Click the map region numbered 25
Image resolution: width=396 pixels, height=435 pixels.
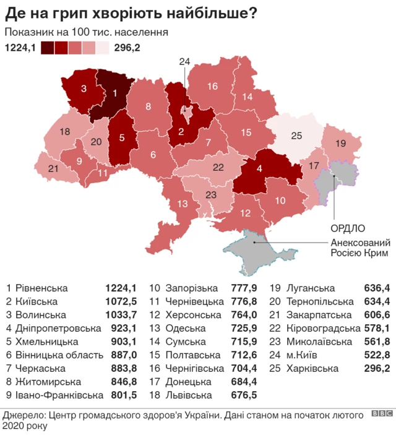[x=296, y=136]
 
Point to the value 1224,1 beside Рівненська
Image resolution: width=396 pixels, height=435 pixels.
[x=120, y=288]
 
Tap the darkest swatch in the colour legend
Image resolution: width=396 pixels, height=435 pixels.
[x=47, y=48]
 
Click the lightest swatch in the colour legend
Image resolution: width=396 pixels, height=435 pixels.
[x=102, y=48]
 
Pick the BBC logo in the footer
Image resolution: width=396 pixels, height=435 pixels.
[x=381, y=413]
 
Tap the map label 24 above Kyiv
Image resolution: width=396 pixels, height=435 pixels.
[x=185, y=61]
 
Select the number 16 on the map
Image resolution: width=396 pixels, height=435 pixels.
[x=212, y=87]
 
